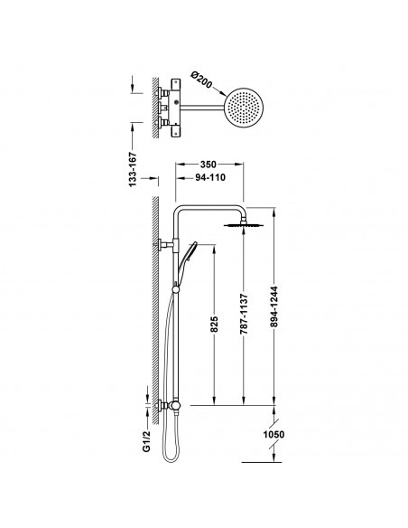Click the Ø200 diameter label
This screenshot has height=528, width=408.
click(x=201, y=80)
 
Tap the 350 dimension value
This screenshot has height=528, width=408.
click(x=209, y=165)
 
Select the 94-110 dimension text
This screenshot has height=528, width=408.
click(x=210, y=177)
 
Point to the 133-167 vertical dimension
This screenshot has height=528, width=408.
click(x=133, y=169)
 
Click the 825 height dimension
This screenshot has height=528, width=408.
click(x=214, y=324)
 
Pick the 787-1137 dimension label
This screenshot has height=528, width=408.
click(x=244, y=314)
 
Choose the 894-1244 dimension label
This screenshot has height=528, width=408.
click(x=274, y=306)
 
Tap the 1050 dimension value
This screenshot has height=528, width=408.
click(x=274, y=434)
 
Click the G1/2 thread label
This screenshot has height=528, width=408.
click(x=147, y=442)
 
